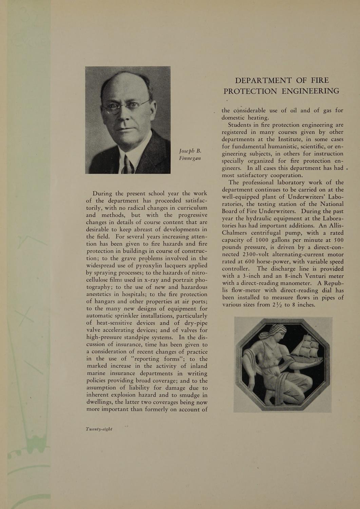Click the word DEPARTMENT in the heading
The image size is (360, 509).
coord(263,80)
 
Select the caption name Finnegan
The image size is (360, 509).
coord(190,158)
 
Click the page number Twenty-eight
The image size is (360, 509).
coord(99,429)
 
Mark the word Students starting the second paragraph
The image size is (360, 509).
coord(242,125)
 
